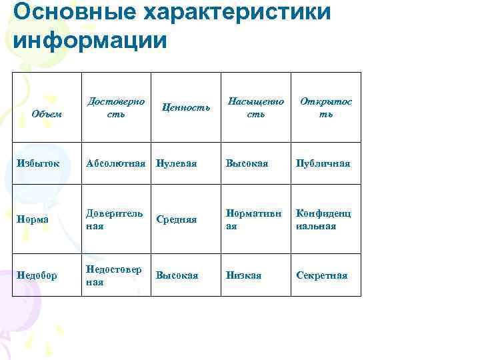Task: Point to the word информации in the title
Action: coord(89,39)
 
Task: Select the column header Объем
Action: coord(47,113)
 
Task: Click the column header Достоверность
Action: coord(116,107)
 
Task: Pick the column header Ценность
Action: coord(187,107)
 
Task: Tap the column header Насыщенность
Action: coord(256,107)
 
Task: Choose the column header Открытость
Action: coord(326,107)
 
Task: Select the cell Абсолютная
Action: coord(116,163)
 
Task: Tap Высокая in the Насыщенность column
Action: coord(247,163)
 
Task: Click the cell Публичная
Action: coord(323,163)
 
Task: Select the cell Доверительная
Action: coord(114,219)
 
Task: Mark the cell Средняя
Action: coord(177,219)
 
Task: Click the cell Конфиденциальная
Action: coord(324,219)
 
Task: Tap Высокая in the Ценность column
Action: coord(177,275)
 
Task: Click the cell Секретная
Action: coord(322,275)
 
